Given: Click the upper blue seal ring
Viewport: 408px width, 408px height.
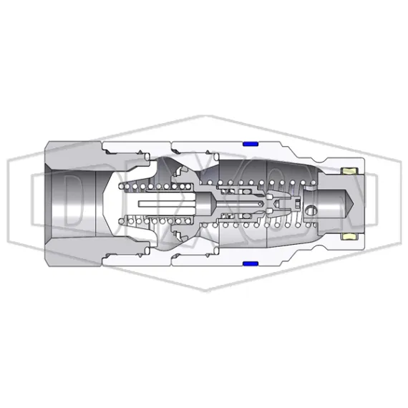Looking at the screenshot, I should coord(251,143).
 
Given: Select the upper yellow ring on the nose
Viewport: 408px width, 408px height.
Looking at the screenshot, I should coord(351,171).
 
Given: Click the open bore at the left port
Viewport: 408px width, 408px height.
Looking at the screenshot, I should coord(72,203).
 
